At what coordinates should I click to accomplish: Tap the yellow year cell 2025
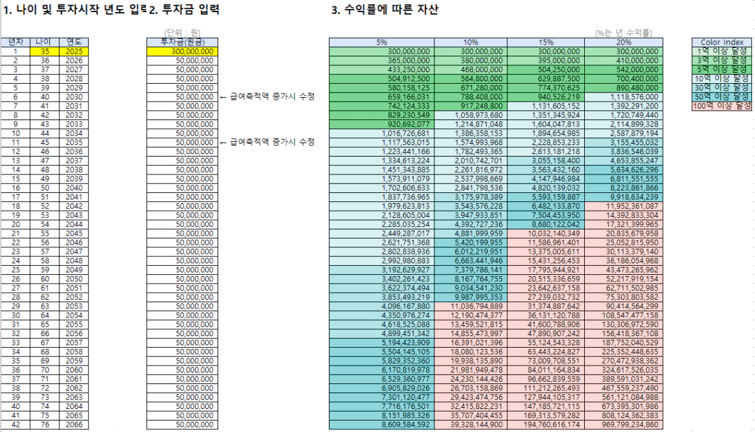[70, 51]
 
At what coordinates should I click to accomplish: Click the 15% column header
[545, 42]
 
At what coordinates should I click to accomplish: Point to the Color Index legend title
[721, 42]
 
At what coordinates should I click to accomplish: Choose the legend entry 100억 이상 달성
[721, 105]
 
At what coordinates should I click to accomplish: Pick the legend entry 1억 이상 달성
[721, 51]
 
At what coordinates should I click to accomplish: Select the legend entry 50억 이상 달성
[721, 96]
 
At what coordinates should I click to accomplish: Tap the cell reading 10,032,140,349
[545, 233]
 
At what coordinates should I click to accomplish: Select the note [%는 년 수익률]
[619, 33]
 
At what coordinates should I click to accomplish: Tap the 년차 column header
[15, 42]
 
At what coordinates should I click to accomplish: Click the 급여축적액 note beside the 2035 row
[268, 142]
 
